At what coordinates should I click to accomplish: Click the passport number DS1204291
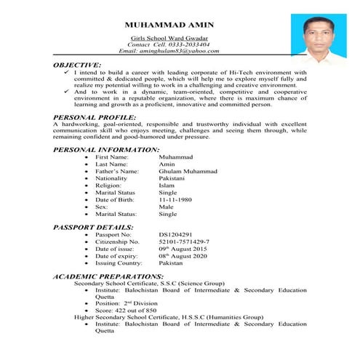tap(179, 235)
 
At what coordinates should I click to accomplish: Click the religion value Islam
tap(167, 185)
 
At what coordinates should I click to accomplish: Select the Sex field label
tap(102, 207)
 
